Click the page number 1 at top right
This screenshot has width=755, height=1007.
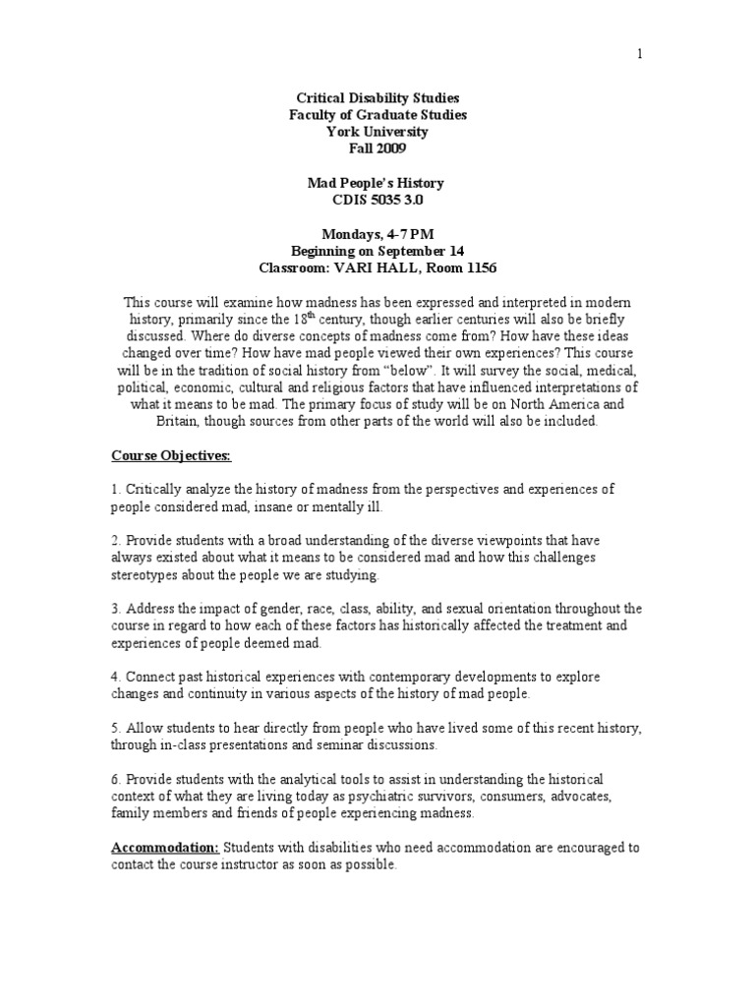point(640,54)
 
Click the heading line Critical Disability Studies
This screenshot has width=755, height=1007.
point(377,98)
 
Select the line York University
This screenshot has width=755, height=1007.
point(377,132)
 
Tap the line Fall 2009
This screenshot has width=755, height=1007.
point(377,148)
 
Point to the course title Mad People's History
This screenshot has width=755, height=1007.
point(377,183)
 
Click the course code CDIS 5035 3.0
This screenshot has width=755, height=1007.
point(377,200)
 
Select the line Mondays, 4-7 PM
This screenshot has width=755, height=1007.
point(377,234)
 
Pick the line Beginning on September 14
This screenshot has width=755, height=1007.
point(377,251)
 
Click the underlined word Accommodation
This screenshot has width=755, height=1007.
point(164,848)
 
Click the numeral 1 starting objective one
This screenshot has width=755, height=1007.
point(114,490)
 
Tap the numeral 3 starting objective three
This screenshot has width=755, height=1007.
point(114,609)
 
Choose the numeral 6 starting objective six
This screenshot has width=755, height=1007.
point(114,779)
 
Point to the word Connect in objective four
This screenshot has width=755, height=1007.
point(148,678)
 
